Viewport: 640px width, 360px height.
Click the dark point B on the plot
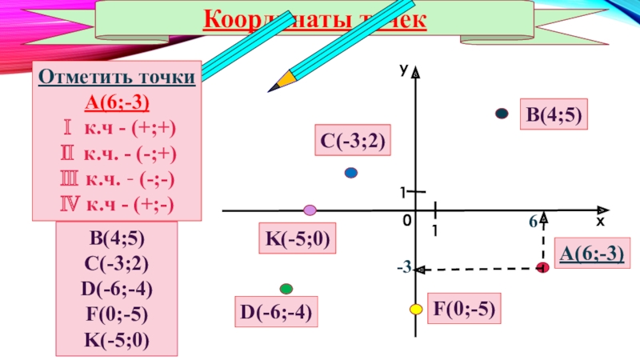click(x=502, y=114)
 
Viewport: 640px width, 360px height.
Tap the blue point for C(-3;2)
click(x=350, y=173)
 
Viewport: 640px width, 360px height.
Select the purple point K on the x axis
click(x=310, y=210)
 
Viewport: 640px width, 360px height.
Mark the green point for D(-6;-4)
click(x=286, y=288)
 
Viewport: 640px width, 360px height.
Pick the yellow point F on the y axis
click(x=416, y=309)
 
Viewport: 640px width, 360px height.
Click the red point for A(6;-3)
click(x=542, y=267)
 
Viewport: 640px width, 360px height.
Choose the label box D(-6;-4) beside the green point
click(x=274, y=312)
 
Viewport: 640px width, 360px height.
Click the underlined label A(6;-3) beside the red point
click(x=591, y=254)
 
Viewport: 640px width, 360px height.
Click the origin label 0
click(x=407, y=221)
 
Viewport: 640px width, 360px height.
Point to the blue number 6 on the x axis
click(x=531, y=225)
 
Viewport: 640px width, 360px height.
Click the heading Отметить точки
click(x=117, y=78)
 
